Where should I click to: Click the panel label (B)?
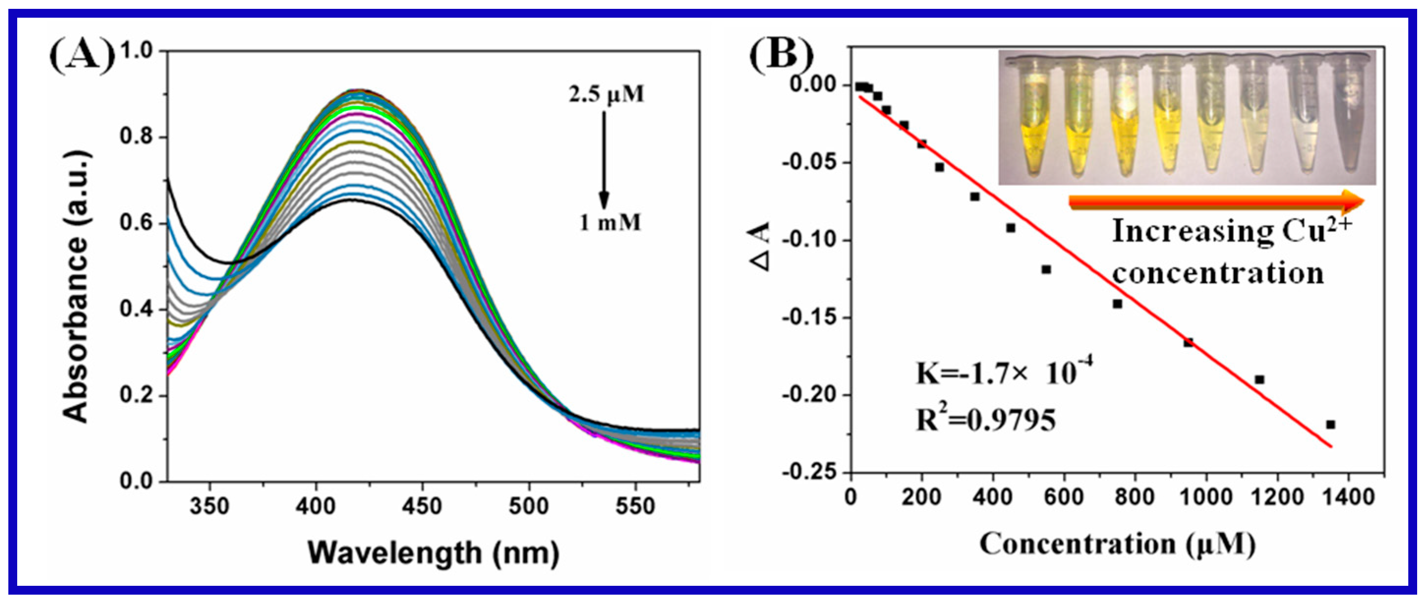[x=781, y=62]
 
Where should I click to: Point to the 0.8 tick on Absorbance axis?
[x=137, y=137]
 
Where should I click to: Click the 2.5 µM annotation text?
[x=607, y=94]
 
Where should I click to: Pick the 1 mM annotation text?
[x=610, y=223]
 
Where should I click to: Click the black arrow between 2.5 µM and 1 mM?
[x=604, y=160]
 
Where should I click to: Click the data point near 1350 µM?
[x=1330, y=424]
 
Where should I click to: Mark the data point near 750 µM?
[x=1117, y=304]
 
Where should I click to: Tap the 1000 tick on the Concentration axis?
[x=1206, y=496]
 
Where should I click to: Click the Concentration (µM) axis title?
[x=1117, y=544]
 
